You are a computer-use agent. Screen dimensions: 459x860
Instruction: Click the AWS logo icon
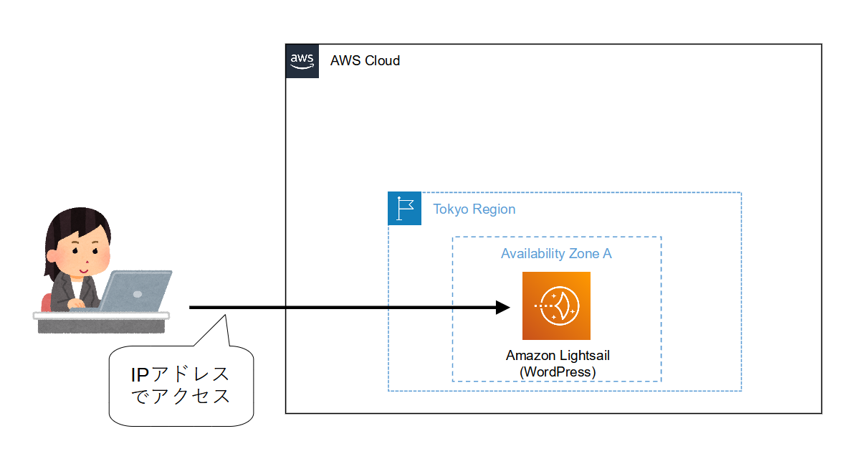coord(302,61)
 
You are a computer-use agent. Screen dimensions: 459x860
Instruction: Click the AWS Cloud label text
coord(365,61)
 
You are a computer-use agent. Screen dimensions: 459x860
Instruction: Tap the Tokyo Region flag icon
coord(405,209)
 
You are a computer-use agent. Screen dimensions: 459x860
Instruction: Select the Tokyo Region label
coord(474,209)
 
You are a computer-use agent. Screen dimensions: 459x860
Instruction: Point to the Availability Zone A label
coord(556,254)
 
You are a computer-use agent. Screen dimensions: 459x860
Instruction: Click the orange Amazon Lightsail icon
coord(556,306)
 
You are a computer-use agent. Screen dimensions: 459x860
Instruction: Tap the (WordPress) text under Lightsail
coord(557,372)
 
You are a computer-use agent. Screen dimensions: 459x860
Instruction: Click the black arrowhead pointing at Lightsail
coord(502,308)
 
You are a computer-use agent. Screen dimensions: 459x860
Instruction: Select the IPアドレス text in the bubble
coord(180,374)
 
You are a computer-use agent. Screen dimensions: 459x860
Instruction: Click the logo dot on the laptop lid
coord(138,293)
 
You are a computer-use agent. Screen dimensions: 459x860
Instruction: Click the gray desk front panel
coord(101,326)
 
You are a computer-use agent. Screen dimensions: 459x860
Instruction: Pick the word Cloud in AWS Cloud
coord(383,61)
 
